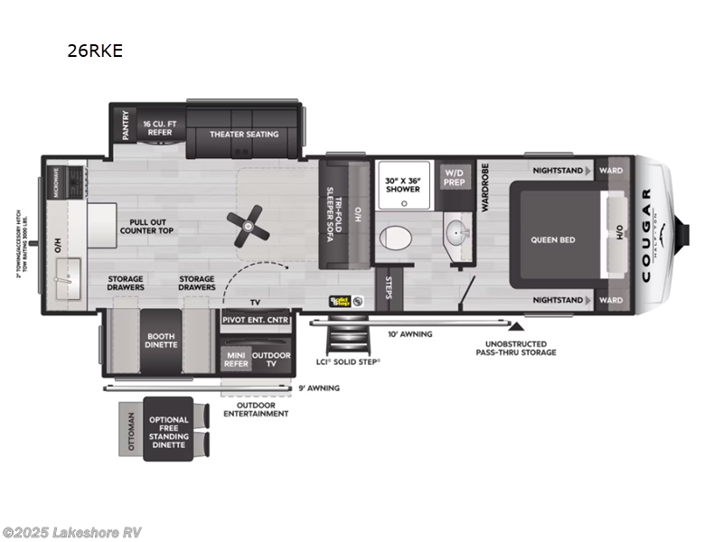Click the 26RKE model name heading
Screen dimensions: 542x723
(94, 51)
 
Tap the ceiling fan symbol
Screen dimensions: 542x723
(248, 225)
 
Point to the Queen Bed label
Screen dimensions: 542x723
(553, 239)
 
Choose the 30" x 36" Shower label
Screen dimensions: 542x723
(402, 183)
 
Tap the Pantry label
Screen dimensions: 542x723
(126, 126)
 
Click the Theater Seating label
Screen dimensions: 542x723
(244, 135)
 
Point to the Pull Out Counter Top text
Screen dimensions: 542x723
(146, 226)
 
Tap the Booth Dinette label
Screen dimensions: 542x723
(161, 341)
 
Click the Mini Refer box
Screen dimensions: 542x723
(236, 360)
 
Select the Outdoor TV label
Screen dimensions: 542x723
(271, 360)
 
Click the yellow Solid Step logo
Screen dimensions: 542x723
(340, 301)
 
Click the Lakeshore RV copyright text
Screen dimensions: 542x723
(71, 532)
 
